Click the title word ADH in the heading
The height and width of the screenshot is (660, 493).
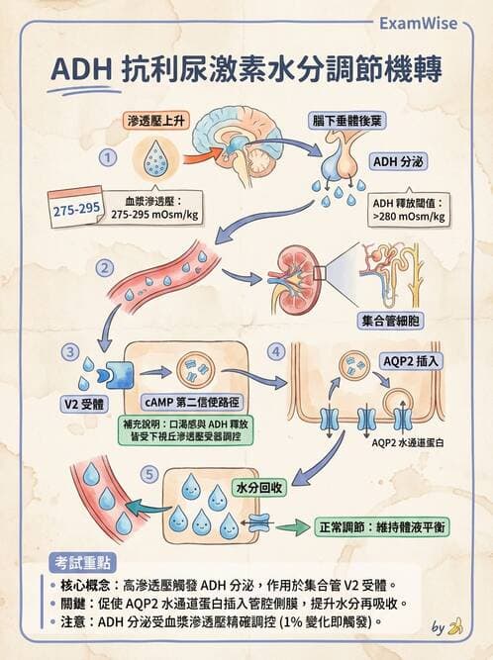[x=79, y=71]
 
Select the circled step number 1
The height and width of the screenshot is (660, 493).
[x=109, y=157]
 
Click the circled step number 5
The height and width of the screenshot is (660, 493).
[x=149, y=474]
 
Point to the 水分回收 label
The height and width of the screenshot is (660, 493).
[x=259, y=488]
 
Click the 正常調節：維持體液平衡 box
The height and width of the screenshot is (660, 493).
[x=382, y=527]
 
